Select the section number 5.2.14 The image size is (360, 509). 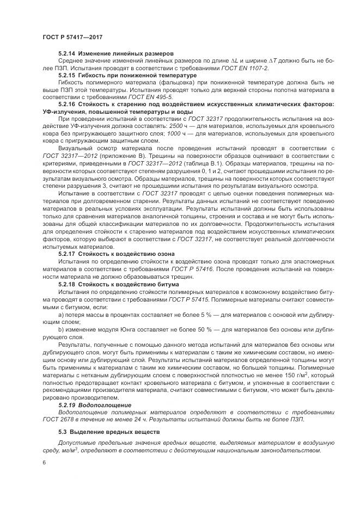click(x=67, y=54)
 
